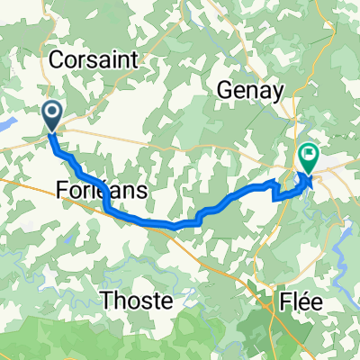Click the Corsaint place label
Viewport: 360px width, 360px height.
94,60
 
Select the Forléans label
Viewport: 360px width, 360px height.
102,192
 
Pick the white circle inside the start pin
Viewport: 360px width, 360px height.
51,112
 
